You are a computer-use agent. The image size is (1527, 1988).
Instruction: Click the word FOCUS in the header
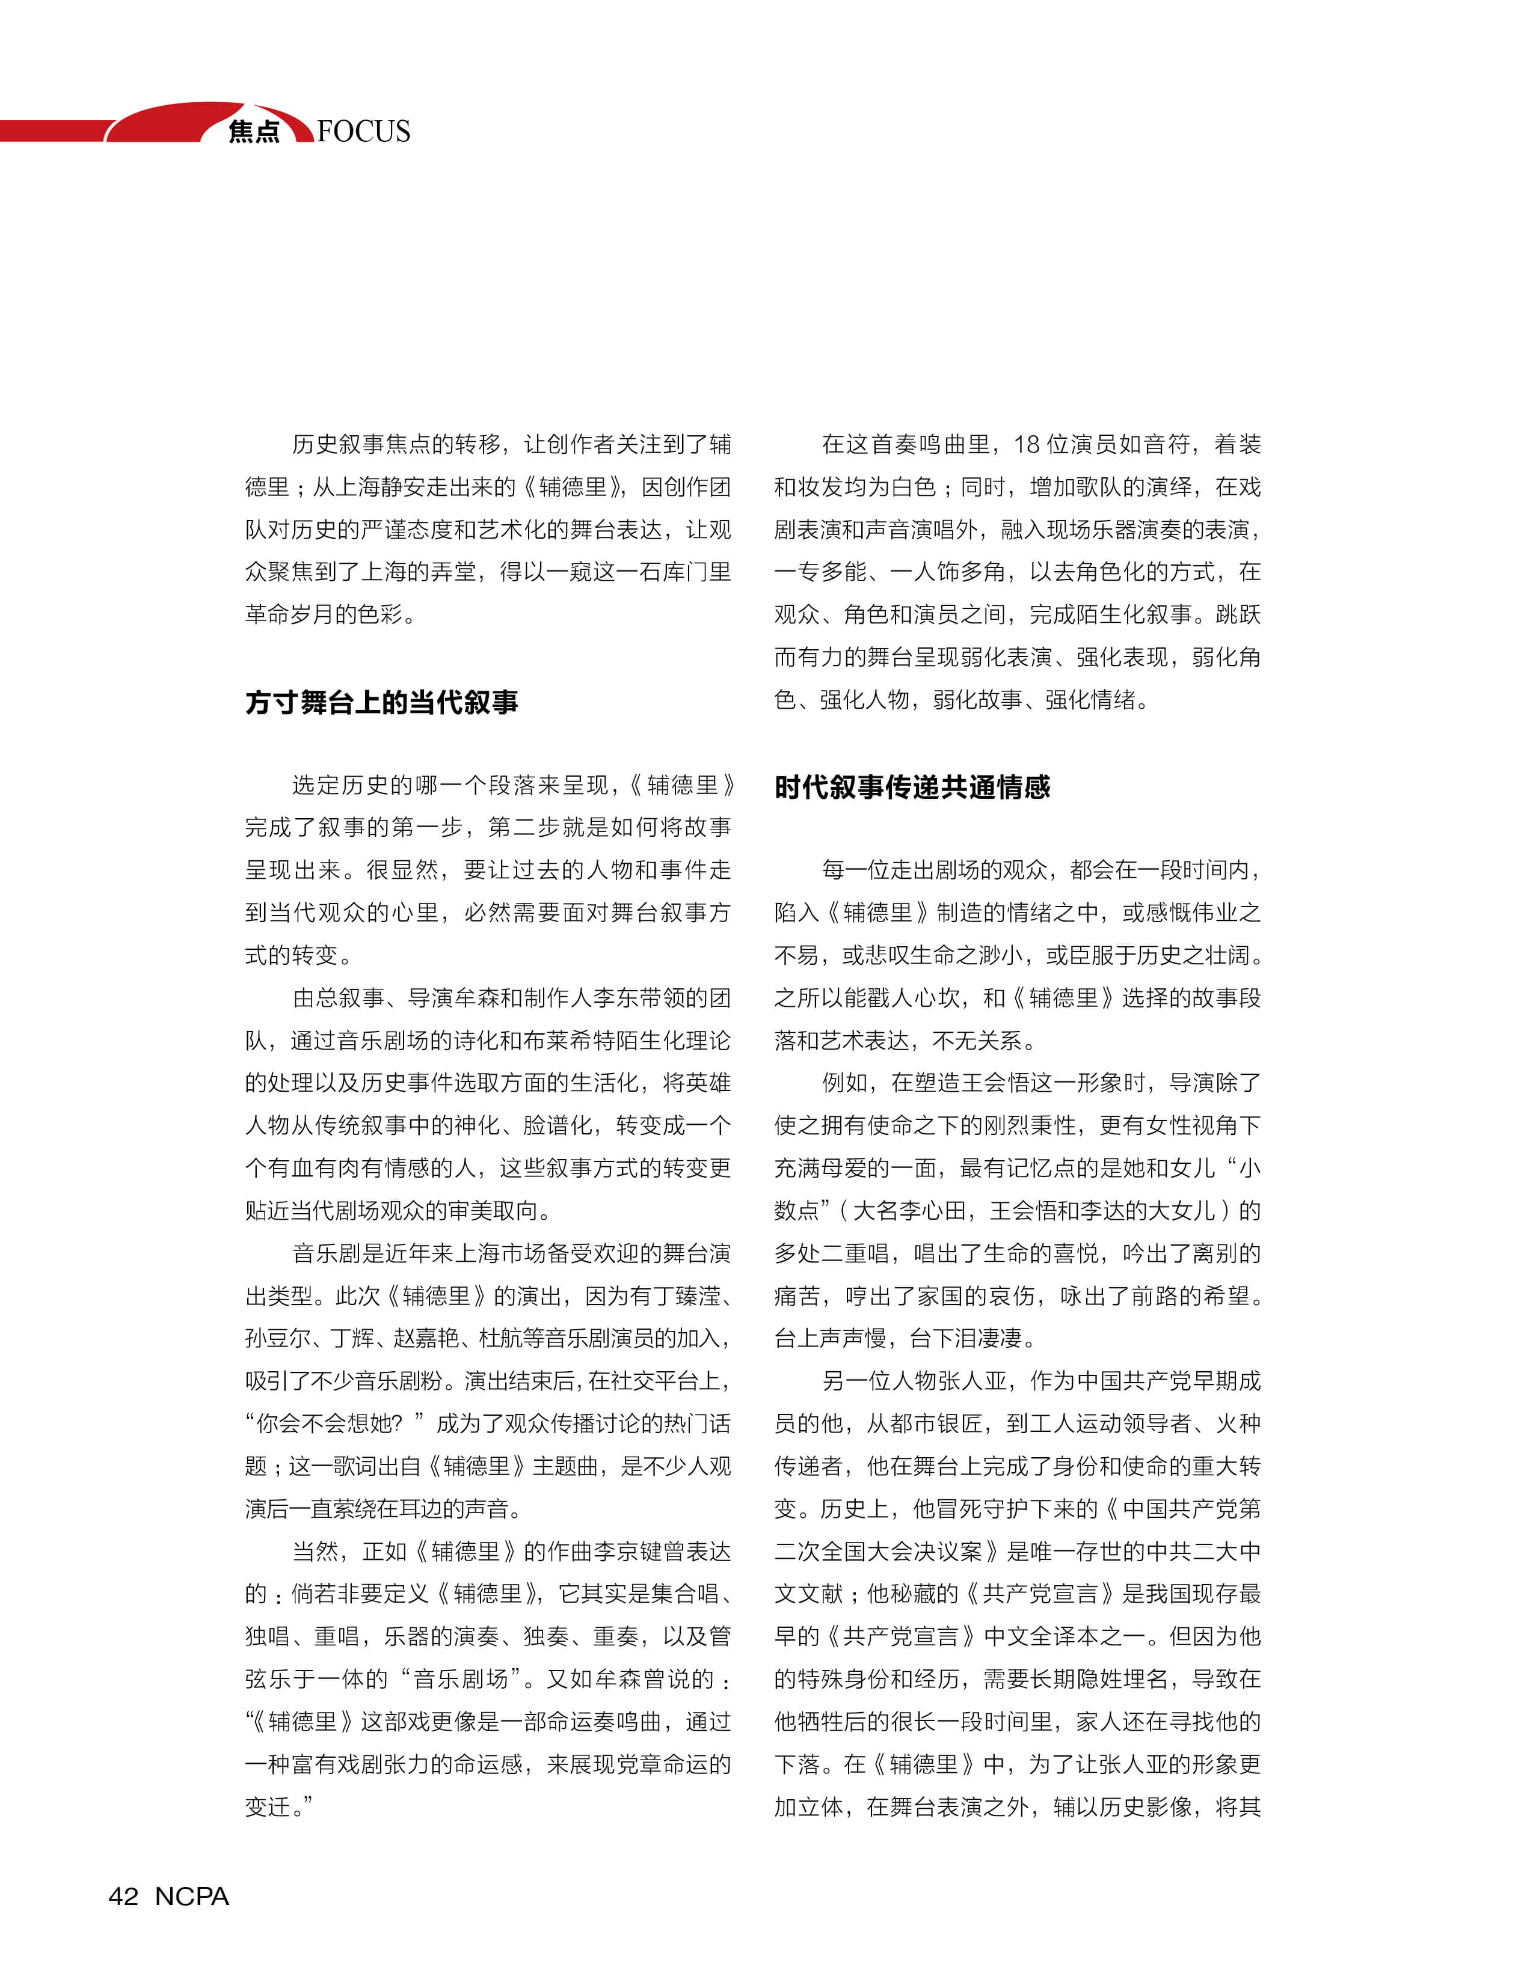pos(364,131)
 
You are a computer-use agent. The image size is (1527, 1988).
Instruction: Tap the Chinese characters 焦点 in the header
pos(254,132)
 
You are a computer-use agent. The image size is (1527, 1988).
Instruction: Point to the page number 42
pos(124,1896)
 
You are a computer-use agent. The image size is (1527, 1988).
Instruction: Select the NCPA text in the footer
pos(192,1896)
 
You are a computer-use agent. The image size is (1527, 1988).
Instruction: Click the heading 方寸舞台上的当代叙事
pos(382,702)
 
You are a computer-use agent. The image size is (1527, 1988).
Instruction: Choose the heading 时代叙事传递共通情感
pos(912,787)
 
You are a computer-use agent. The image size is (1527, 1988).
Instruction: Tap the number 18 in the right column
pos(1027,444)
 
